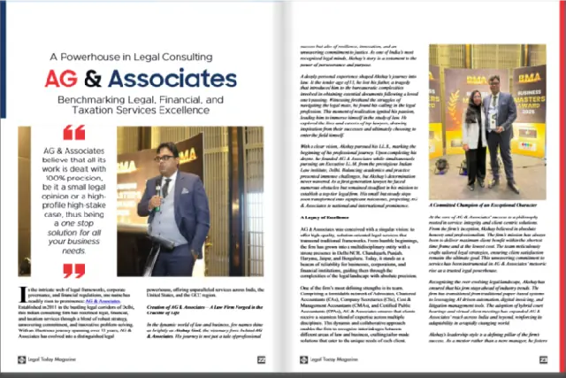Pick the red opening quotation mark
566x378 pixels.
pos(74,134)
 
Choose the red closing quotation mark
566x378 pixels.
pos(74,270)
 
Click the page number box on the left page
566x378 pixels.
pos(261,361)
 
